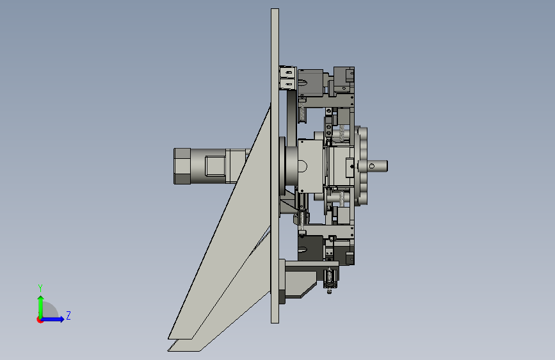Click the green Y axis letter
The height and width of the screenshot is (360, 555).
(40, 288)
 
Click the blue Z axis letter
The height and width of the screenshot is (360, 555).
(68, 315)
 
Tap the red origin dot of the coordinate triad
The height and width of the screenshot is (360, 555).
(40, 320)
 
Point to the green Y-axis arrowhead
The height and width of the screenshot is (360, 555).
(41, 299)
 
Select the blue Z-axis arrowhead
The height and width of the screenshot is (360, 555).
(61, 319)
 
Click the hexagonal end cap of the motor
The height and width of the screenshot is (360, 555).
(182, 166)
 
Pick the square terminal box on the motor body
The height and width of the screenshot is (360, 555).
(215, 166)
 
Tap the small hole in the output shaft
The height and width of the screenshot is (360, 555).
(372, 166)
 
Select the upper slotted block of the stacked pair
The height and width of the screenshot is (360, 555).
(288, 72)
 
